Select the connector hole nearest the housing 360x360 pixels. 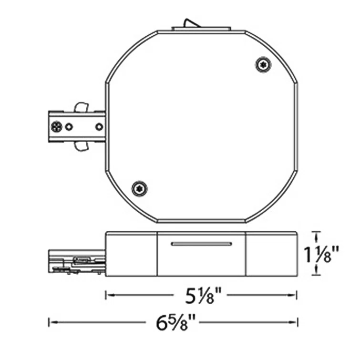[99, 126]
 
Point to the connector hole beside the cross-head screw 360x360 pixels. [70, 126]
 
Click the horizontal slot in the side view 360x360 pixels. [201, 244]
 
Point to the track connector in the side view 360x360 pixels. [76, 261]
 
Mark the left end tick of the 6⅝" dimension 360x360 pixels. [49, 323]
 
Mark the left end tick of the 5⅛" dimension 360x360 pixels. [105, 295]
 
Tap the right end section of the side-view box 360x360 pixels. [271, 254]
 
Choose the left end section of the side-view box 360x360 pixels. [131, 254]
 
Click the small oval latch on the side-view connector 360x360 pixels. [81, 260]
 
